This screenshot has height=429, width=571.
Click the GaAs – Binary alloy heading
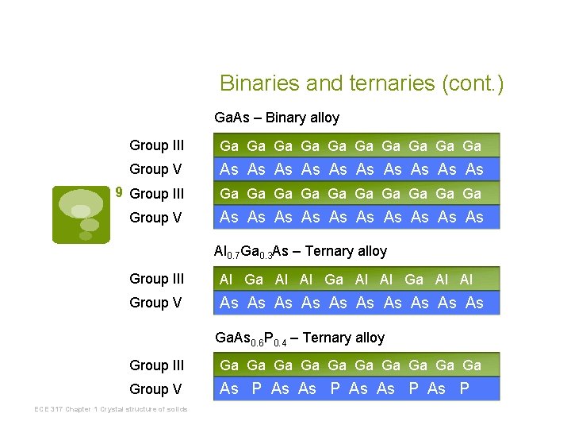(x=277, y=118)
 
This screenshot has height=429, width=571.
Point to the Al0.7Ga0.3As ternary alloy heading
(x=301, y=252)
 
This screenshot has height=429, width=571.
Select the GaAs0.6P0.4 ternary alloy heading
(x=300, y=338)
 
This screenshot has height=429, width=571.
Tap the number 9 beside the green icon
(x=119, y=192)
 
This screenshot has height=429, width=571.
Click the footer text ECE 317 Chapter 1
(x=110, y=409)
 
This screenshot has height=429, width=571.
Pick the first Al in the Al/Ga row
(x=226, y=279)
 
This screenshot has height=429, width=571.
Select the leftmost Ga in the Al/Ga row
(x=254, y=279)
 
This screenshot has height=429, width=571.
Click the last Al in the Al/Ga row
(x=466, y=279)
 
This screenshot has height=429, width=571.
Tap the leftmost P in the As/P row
(x=256, y=388)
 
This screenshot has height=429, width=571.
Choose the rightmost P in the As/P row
(x=465, y=388)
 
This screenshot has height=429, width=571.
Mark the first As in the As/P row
(x=229, y=388)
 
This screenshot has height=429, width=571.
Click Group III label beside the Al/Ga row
(x=157, y=279)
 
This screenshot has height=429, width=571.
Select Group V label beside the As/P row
(x=155, y=389)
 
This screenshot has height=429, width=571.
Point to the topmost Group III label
(x=157, y=145)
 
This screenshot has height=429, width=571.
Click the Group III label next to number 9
(x=157, y=193)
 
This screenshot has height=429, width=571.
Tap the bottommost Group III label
(x=157, y=365)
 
